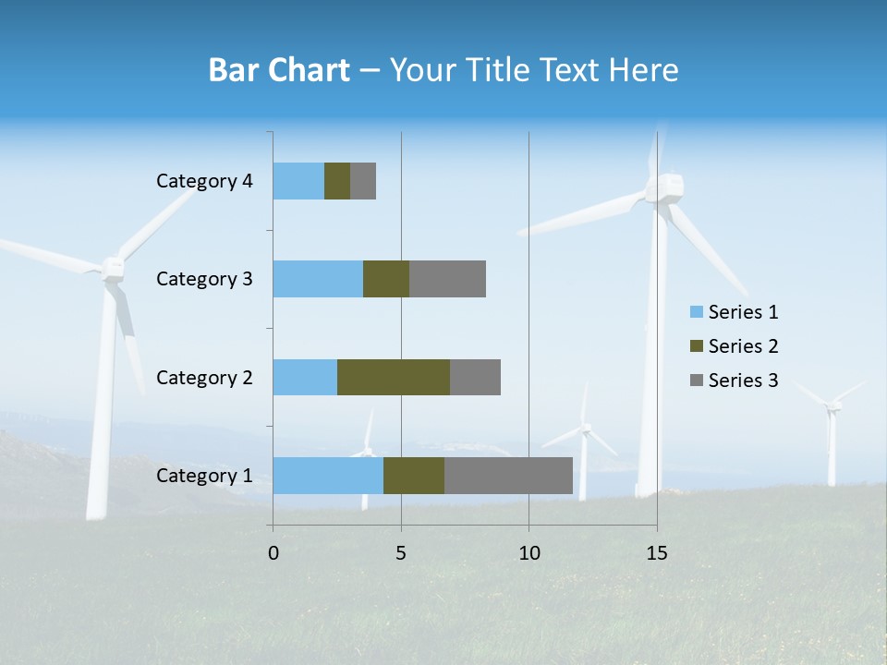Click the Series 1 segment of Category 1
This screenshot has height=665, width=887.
[x=328, y=476]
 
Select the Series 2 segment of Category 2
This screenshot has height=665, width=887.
[x=394, y=377]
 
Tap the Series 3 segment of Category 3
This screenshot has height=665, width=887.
[x=447, y=279]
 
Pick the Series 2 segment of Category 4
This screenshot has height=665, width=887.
[x=337, y=181]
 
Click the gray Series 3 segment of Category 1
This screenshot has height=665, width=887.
[x=508, y=476]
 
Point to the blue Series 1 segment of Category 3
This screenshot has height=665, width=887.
[x=318, y=279]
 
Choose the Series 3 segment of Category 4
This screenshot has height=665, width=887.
[x=363, y=181]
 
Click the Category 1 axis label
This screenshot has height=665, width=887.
[x=204, y=476]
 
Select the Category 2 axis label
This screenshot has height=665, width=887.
[x=204, y=377]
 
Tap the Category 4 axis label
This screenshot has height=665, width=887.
[x=204, y=181]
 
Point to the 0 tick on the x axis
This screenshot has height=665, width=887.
[x=273, y=553]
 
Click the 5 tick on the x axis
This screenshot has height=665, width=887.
[x=401, y=553]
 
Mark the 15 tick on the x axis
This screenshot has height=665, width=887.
[x=657, y=553]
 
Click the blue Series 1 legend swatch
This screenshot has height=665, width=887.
[x=695, y=312]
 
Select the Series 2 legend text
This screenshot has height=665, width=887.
[x=743, y=346]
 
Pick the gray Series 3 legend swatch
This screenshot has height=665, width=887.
[x=695, y=381]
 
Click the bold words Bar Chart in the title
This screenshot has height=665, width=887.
[x=278, y=70]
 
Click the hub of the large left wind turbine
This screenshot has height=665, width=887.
[x=113, y=268]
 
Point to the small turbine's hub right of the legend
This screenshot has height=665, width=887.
[x=834, y=405]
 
